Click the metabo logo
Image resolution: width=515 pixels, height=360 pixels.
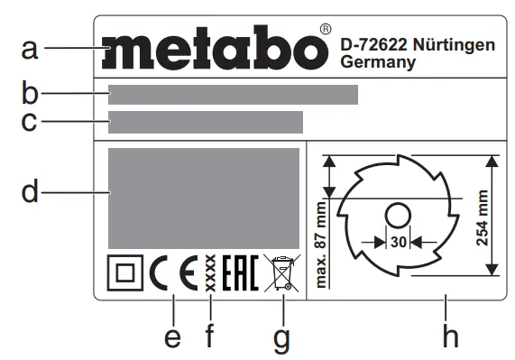pos(214,49)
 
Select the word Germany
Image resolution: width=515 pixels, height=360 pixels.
pos(379,63)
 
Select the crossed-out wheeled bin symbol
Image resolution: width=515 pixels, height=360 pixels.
pos(280,272)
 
